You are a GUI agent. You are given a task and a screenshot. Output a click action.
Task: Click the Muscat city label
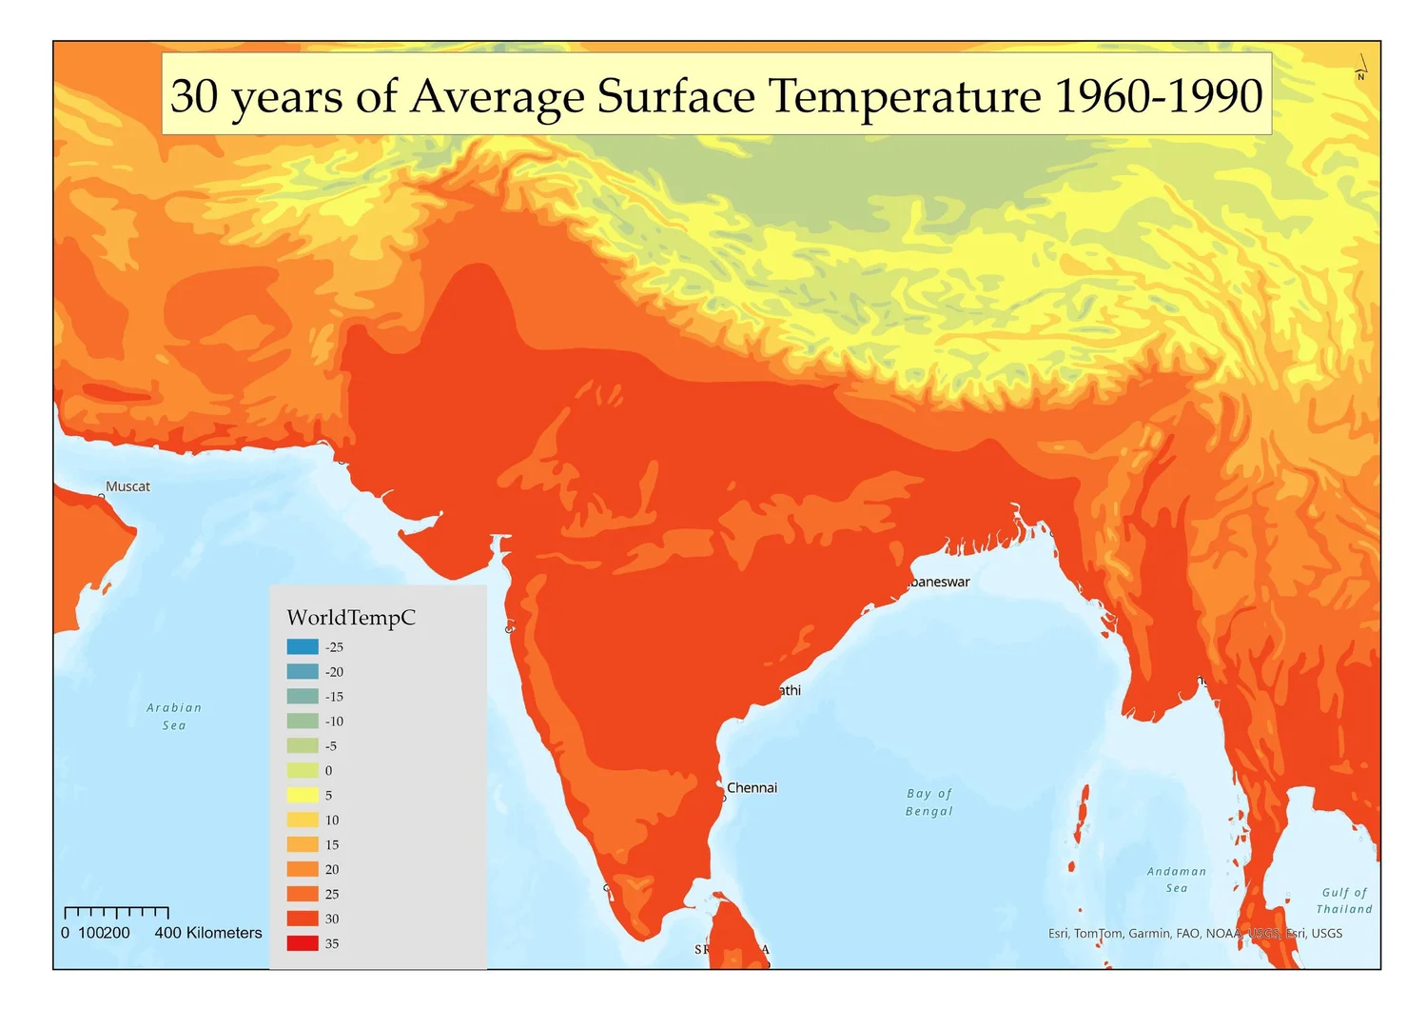pyautogui.click(x=127, y=486)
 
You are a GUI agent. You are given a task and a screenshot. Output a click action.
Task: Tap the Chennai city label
pyautogui.click(x=752, y=788)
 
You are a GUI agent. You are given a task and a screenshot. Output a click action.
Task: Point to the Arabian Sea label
pyautogui.click(x=174, y=717)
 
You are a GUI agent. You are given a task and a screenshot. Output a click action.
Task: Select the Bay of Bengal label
pyautogui.click(x=929, y=802)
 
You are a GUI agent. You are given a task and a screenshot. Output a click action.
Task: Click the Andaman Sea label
pyautogui.click(x=1177, y=880)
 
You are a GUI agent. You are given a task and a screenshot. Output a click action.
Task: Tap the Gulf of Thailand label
pyautogui.click(x=1344, y=900)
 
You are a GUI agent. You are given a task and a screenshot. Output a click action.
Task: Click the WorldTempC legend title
pyautogui.click(x=351, y=618)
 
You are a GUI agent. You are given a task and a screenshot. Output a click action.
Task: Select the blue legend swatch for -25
pyautogui.click(x=303, y=647)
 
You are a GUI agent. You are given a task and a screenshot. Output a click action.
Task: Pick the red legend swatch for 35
pyautogui.click(x=303, y=943)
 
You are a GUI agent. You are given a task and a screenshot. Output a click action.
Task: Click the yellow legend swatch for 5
pyautogui.click(x=303, y=795)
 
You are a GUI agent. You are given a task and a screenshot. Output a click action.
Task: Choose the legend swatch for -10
pyautogui.click(x=303, y=722)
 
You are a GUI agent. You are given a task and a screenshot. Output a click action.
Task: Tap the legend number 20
pyautogui.click(x=332, y=870)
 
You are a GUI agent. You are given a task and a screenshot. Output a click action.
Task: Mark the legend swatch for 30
pyautogui.click(x=303, y=919)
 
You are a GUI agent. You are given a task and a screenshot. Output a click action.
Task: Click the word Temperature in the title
pyautogui.click(x=905, y=96)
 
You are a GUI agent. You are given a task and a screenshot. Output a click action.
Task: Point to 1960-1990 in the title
pyautogui.click(x=1159, y=96)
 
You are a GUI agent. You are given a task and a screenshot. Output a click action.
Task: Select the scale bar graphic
pyautogui.click(x=116, y=914)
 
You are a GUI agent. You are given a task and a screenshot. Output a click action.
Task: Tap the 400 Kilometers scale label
pyautogui.click(x=208, y=934)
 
